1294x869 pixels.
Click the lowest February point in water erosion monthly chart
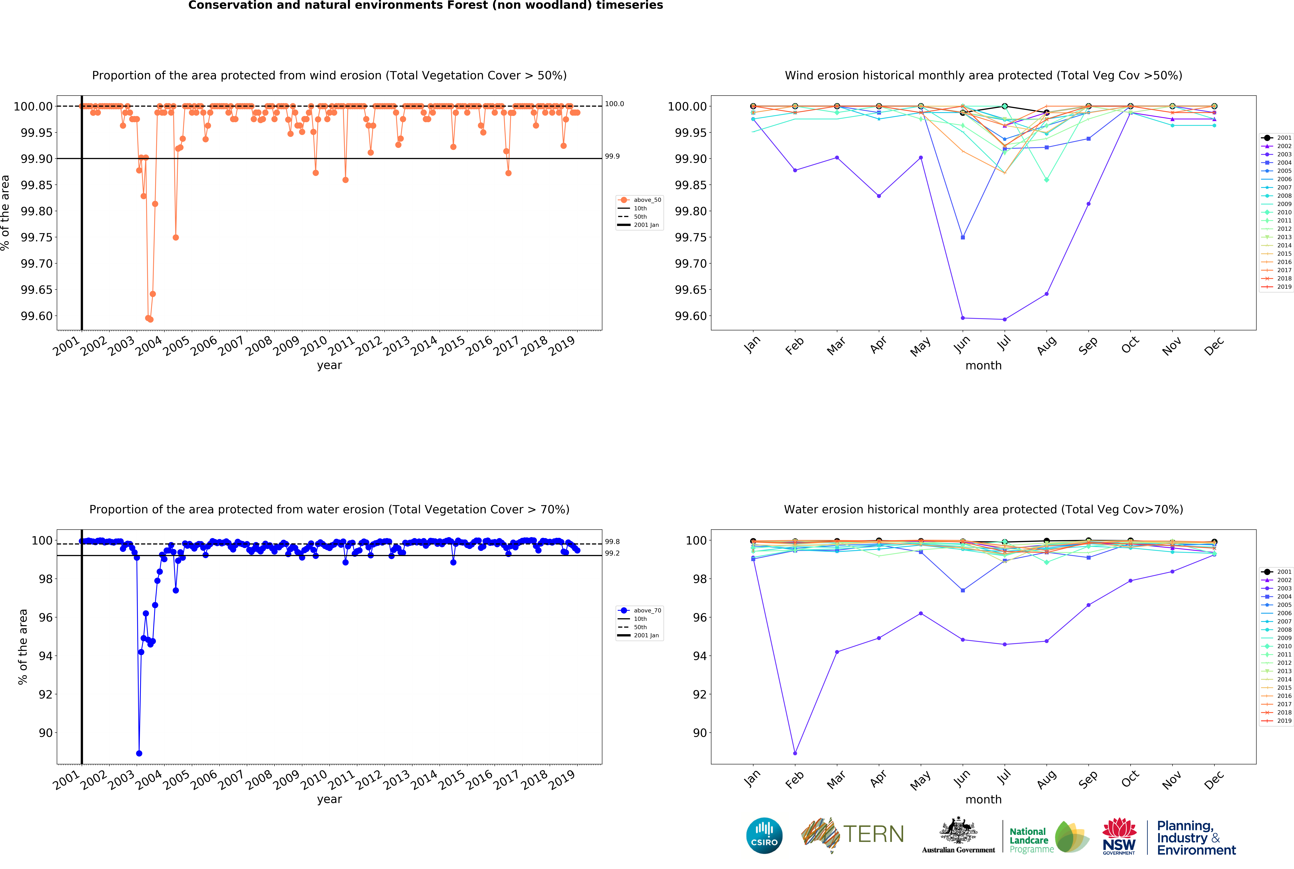tap(795, 753)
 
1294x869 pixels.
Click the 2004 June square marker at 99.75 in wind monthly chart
tap(962, 237)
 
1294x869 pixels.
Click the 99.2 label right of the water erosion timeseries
tap(612, 553)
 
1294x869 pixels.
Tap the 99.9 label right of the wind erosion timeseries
tap(612, 156)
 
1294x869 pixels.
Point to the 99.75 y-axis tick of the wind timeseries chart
tap(37, 237)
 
